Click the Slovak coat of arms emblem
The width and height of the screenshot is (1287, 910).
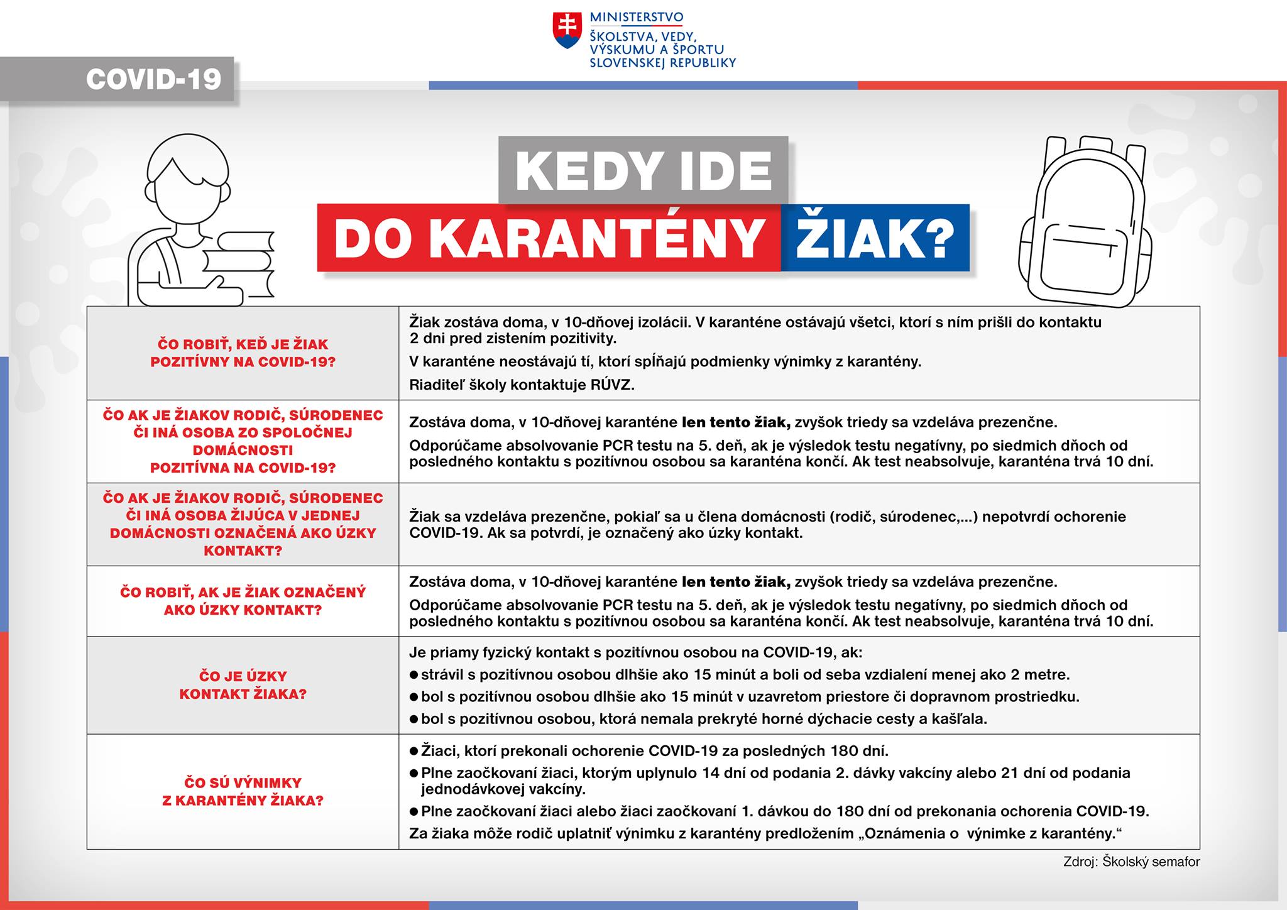coord(567,31)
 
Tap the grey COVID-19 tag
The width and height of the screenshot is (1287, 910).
coord(153,79)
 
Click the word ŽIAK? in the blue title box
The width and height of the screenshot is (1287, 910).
coord(875,238)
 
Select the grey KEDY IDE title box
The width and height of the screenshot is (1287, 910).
coord(643,170)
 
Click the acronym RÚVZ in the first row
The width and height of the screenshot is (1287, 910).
coord(610,385)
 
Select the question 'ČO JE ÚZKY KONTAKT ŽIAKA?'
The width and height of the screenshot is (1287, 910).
coord(243,685)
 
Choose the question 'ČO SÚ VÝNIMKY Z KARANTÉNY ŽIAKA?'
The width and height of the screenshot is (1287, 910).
coord(243,791)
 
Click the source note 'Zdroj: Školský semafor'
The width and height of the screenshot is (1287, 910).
coord(1131,862)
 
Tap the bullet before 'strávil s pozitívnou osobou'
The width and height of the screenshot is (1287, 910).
coord(413,675)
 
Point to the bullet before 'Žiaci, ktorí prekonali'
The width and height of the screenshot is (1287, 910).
coord(413,751)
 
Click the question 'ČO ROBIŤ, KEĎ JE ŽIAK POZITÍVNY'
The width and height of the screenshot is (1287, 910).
coord(243,353)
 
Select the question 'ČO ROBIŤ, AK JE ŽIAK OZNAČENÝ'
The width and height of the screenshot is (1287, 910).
coord(243,601)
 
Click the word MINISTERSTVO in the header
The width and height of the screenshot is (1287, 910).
coord(636,18)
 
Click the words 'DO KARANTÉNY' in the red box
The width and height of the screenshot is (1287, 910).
coord(549,239)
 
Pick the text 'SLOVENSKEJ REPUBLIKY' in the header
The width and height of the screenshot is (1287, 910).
coord(662,63)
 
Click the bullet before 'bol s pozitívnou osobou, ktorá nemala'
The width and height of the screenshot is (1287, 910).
coord(413,719)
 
